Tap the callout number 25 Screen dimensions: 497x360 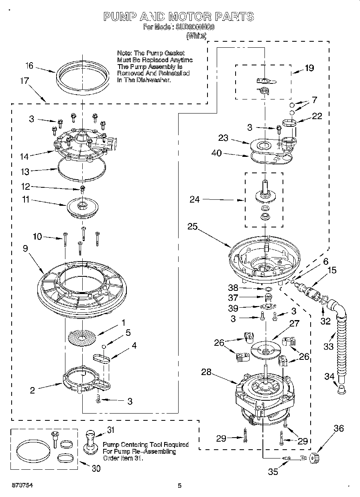[x=192, y=227]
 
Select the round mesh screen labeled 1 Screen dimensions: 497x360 [x=82, y=336]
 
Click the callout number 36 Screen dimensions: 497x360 [x=339, y=429]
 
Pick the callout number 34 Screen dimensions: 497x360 [x=329, y=376]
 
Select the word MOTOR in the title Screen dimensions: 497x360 [x=189, y=16]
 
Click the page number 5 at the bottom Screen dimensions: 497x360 [x=180, y=486]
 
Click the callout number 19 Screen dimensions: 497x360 [x=309, y=68]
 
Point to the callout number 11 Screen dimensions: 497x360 [x=25, y=199]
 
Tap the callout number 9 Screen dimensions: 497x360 [x=25, y=249]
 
